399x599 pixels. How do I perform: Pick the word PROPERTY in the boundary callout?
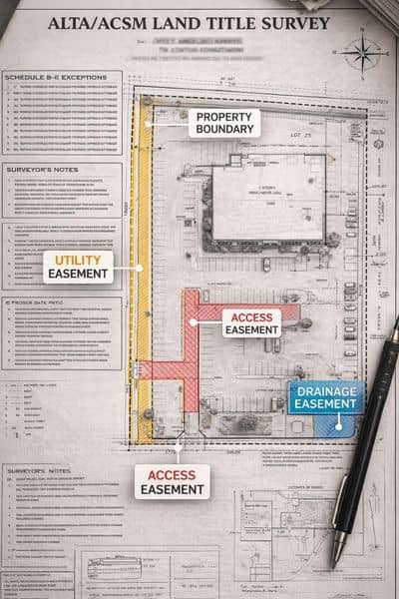pyautogui.click(x=223, y=115)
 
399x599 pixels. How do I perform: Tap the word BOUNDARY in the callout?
pyautogui.click(x=223, y=129)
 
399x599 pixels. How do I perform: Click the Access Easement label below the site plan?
pyautogui.click(x=172, y=482)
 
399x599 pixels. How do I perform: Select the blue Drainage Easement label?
pyautogui.click(x=325, y=396)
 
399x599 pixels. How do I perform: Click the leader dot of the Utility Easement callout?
pyautogui.click(x=141, y=268)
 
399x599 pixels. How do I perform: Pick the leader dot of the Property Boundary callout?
pyautogui.click(x=155, y=123)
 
